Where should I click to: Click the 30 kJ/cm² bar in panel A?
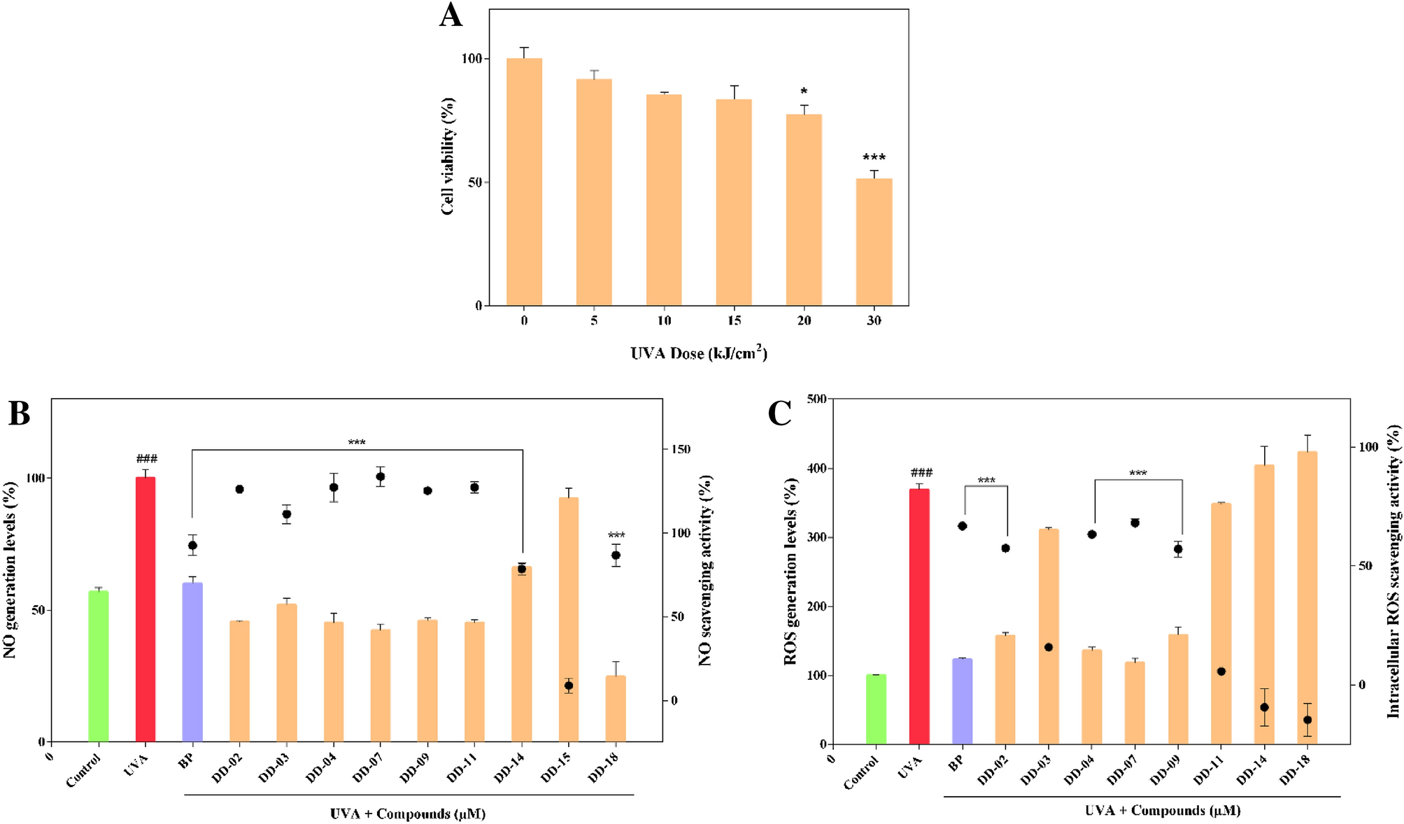[x=874, y=242]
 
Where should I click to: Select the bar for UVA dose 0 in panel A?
[x=524, y=182]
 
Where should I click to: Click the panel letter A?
[x=451, y=15]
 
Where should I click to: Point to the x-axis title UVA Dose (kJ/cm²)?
[x=698, y=353]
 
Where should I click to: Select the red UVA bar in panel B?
[x=146, y=609]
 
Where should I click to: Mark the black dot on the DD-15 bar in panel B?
[x=569, y=686]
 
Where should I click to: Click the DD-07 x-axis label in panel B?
[x=369, y=769]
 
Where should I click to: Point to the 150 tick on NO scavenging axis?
[x=676, y=449]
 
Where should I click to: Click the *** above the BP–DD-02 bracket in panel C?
[x=986, y=481]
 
